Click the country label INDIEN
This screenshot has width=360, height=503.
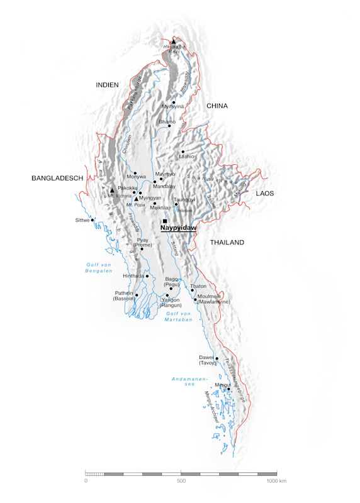[x=107, y=84]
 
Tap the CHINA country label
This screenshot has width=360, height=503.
[x=217, y=106]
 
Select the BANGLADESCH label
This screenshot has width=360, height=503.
[x=57, y=179]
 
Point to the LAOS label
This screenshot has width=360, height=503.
[x=264, y=194]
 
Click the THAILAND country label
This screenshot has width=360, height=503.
[x=227, y=242]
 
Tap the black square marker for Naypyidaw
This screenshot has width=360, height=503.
[x=165, y=221]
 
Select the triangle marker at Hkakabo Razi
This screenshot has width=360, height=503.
[x=174, y=42]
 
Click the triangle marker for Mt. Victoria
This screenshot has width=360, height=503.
[x=112, y=190]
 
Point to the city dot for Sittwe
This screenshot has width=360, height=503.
[x=93, y=220]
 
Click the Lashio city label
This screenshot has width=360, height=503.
[x=187, y=156]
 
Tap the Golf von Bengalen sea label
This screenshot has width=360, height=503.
[x=99, y=268]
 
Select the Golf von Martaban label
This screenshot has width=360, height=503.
[x=178, y=316]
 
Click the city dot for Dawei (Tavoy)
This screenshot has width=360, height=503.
[x=217, y=359]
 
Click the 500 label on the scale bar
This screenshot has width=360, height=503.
[x=181, y=481]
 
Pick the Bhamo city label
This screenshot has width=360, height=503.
[x=167, y=121]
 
